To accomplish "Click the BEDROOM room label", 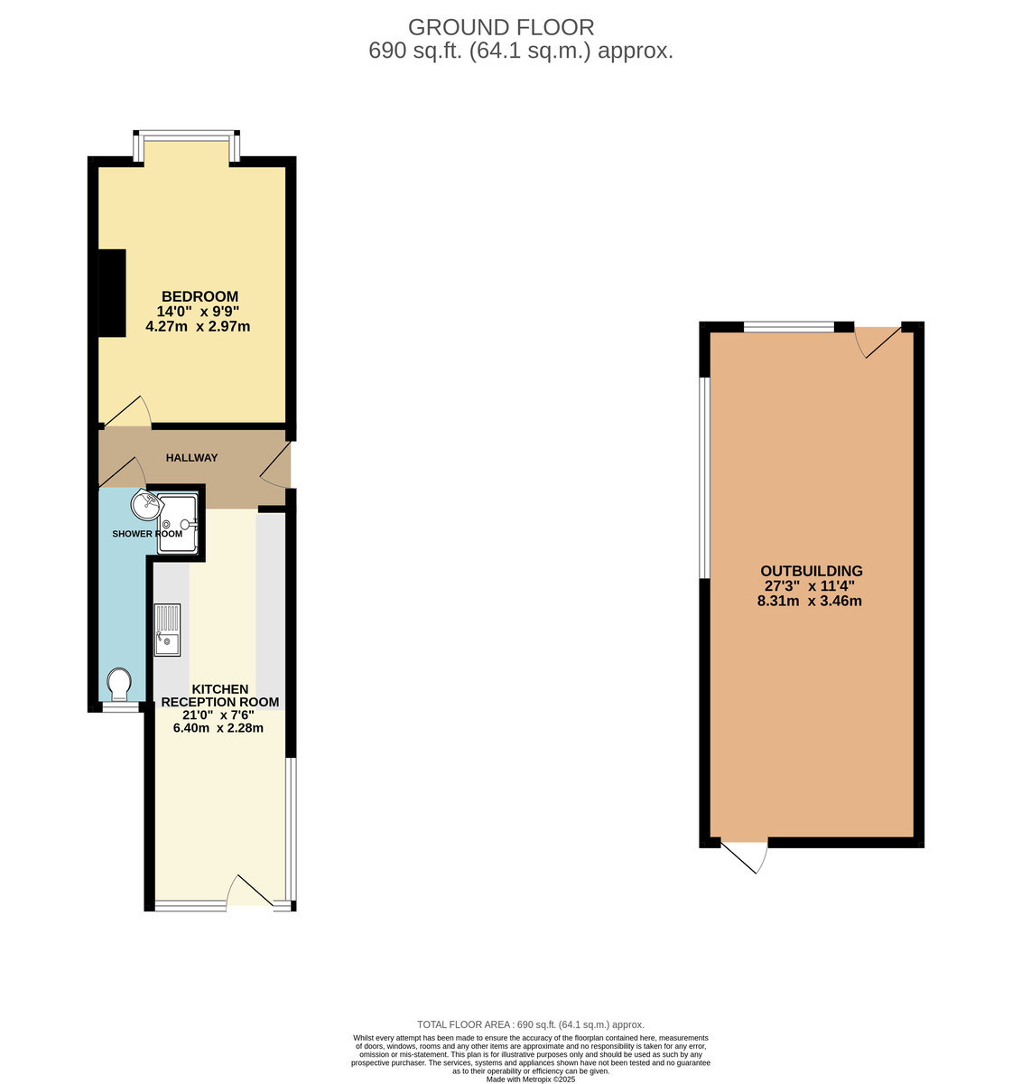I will (200, 296).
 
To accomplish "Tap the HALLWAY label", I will (191, 458).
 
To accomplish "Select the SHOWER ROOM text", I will (147, 534).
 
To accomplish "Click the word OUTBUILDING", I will (812, 571).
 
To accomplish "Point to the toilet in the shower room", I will (118, 684).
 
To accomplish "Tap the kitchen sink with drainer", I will (168, 630).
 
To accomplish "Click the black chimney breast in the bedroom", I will (112, 293).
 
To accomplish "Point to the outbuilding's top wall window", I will (788, 327).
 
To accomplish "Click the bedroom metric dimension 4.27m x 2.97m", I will (199, 326).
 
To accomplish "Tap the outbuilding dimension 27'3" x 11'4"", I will (810, 585).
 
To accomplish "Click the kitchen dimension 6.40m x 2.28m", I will (218, 727).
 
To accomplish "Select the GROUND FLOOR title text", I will (501, 27).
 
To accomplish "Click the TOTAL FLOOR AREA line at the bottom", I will (530, 1024).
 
